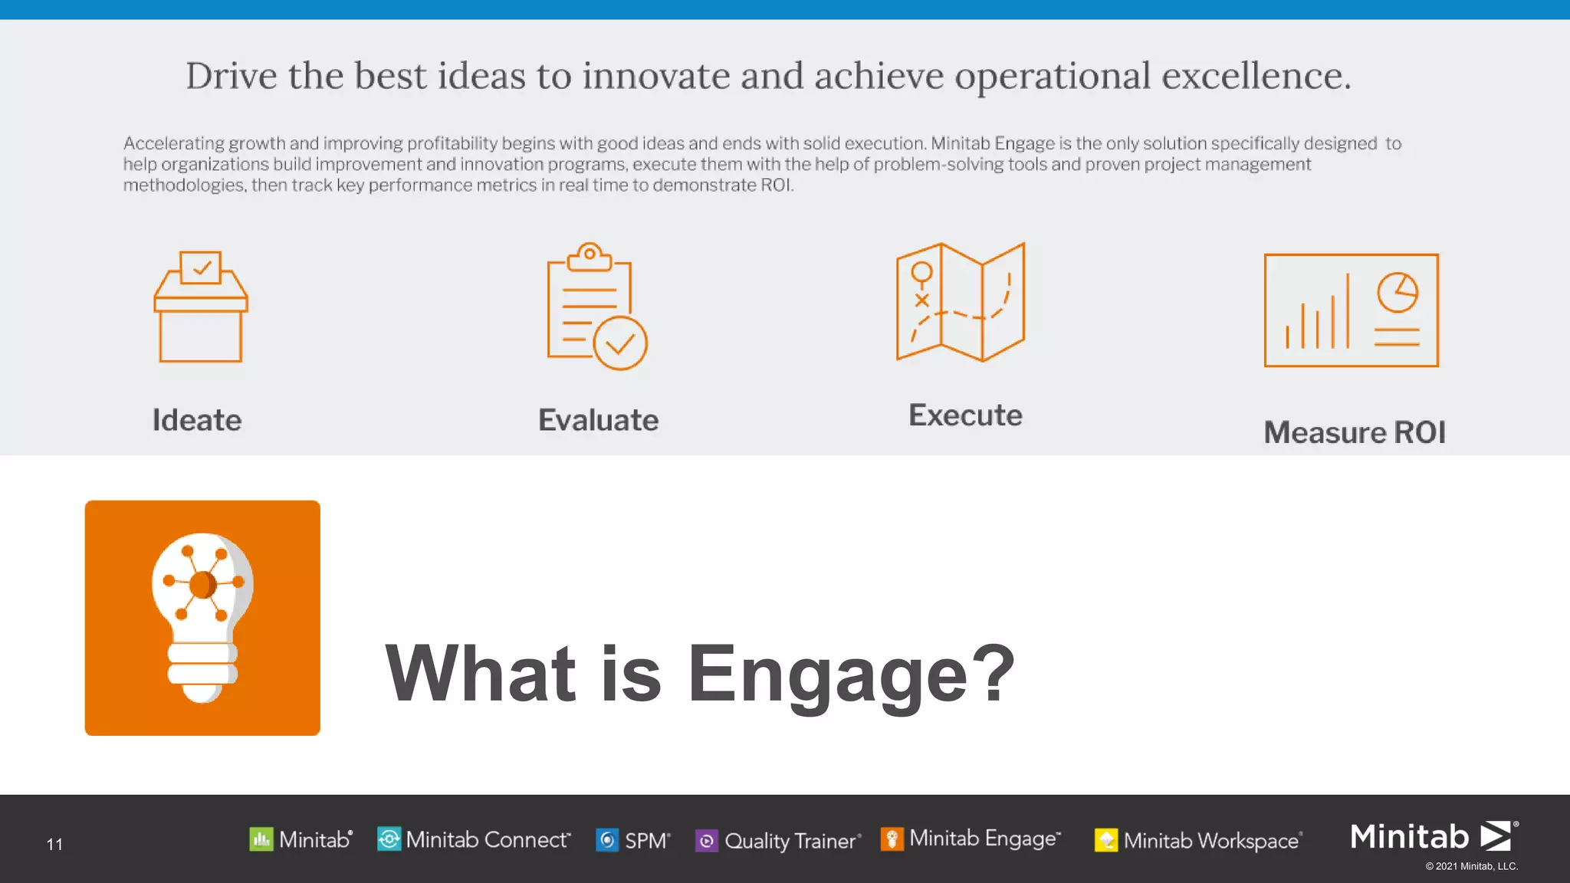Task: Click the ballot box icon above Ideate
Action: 201,307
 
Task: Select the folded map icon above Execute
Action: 961,302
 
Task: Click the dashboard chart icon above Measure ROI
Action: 1351,310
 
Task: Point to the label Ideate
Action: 197,420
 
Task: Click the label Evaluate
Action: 598,420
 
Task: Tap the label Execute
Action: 965,415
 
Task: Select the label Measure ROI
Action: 1355,432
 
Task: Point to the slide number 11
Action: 54,844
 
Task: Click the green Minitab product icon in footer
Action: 261,839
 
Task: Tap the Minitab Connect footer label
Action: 488,840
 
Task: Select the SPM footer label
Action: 646,841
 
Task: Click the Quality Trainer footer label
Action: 790,841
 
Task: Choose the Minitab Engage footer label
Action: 984,839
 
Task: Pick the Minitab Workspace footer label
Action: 1211,841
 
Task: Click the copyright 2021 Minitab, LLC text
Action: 1471,866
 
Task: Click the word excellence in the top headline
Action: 1255,76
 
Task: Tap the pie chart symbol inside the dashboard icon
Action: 1398,292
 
